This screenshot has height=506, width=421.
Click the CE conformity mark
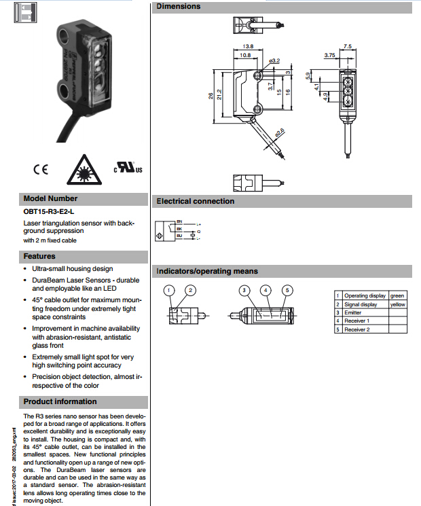point(40,169)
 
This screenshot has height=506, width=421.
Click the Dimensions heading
point(179,7)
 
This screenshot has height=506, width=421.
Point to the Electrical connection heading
point(196,201)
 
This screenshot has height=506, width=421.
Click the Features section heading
point(39,256)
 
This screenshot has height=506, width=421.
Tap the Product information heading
point(60,401)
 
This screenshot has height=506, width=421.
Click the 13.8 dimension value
point(248,47)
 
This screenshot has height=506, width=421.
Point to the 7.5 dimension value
point(348,46)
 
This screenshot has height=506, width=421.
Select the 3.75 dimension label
point(331,54)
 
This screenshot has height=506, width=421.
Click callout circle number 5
point(287,291)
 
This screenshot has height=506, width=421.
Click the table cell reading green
point(397,295)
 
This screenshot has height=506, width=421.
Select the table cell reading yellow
point(398,304)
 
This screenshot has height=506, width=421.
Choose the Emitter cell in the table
point(353,312)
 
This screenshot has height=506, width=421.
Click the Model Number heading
point(51,198)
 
